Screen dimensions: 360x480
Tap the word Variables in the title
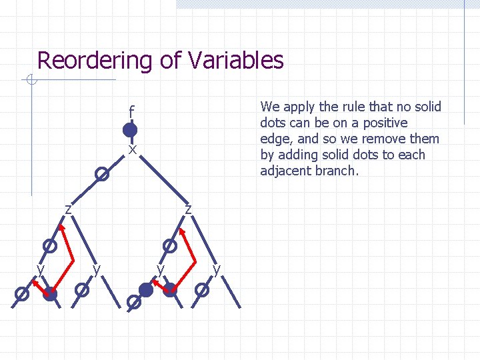[236, 61]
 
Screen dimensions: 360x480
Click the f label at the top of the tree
[132, 111]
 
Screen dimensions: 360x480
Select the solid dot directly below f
[130, 129]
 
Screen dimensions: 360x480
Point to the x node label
[133, 150]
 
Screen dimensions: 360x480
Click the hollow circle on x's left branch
[101, 175]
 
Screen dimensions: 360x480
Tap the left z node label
[68, 209]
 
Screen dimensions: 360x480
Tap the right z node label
[189, 209]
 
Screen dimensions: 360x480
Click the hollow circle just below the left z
[49, 245]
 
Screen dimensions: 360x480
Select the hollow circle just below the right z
[170, 245]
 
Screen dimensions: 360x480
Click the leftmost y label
[40, 269]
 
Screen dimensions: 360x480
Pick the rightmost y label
[217, 269]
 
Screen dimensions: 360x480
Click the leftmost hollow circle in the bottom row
[22, 293]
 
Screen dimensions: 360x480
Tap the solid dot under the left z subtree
[50, 293]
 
